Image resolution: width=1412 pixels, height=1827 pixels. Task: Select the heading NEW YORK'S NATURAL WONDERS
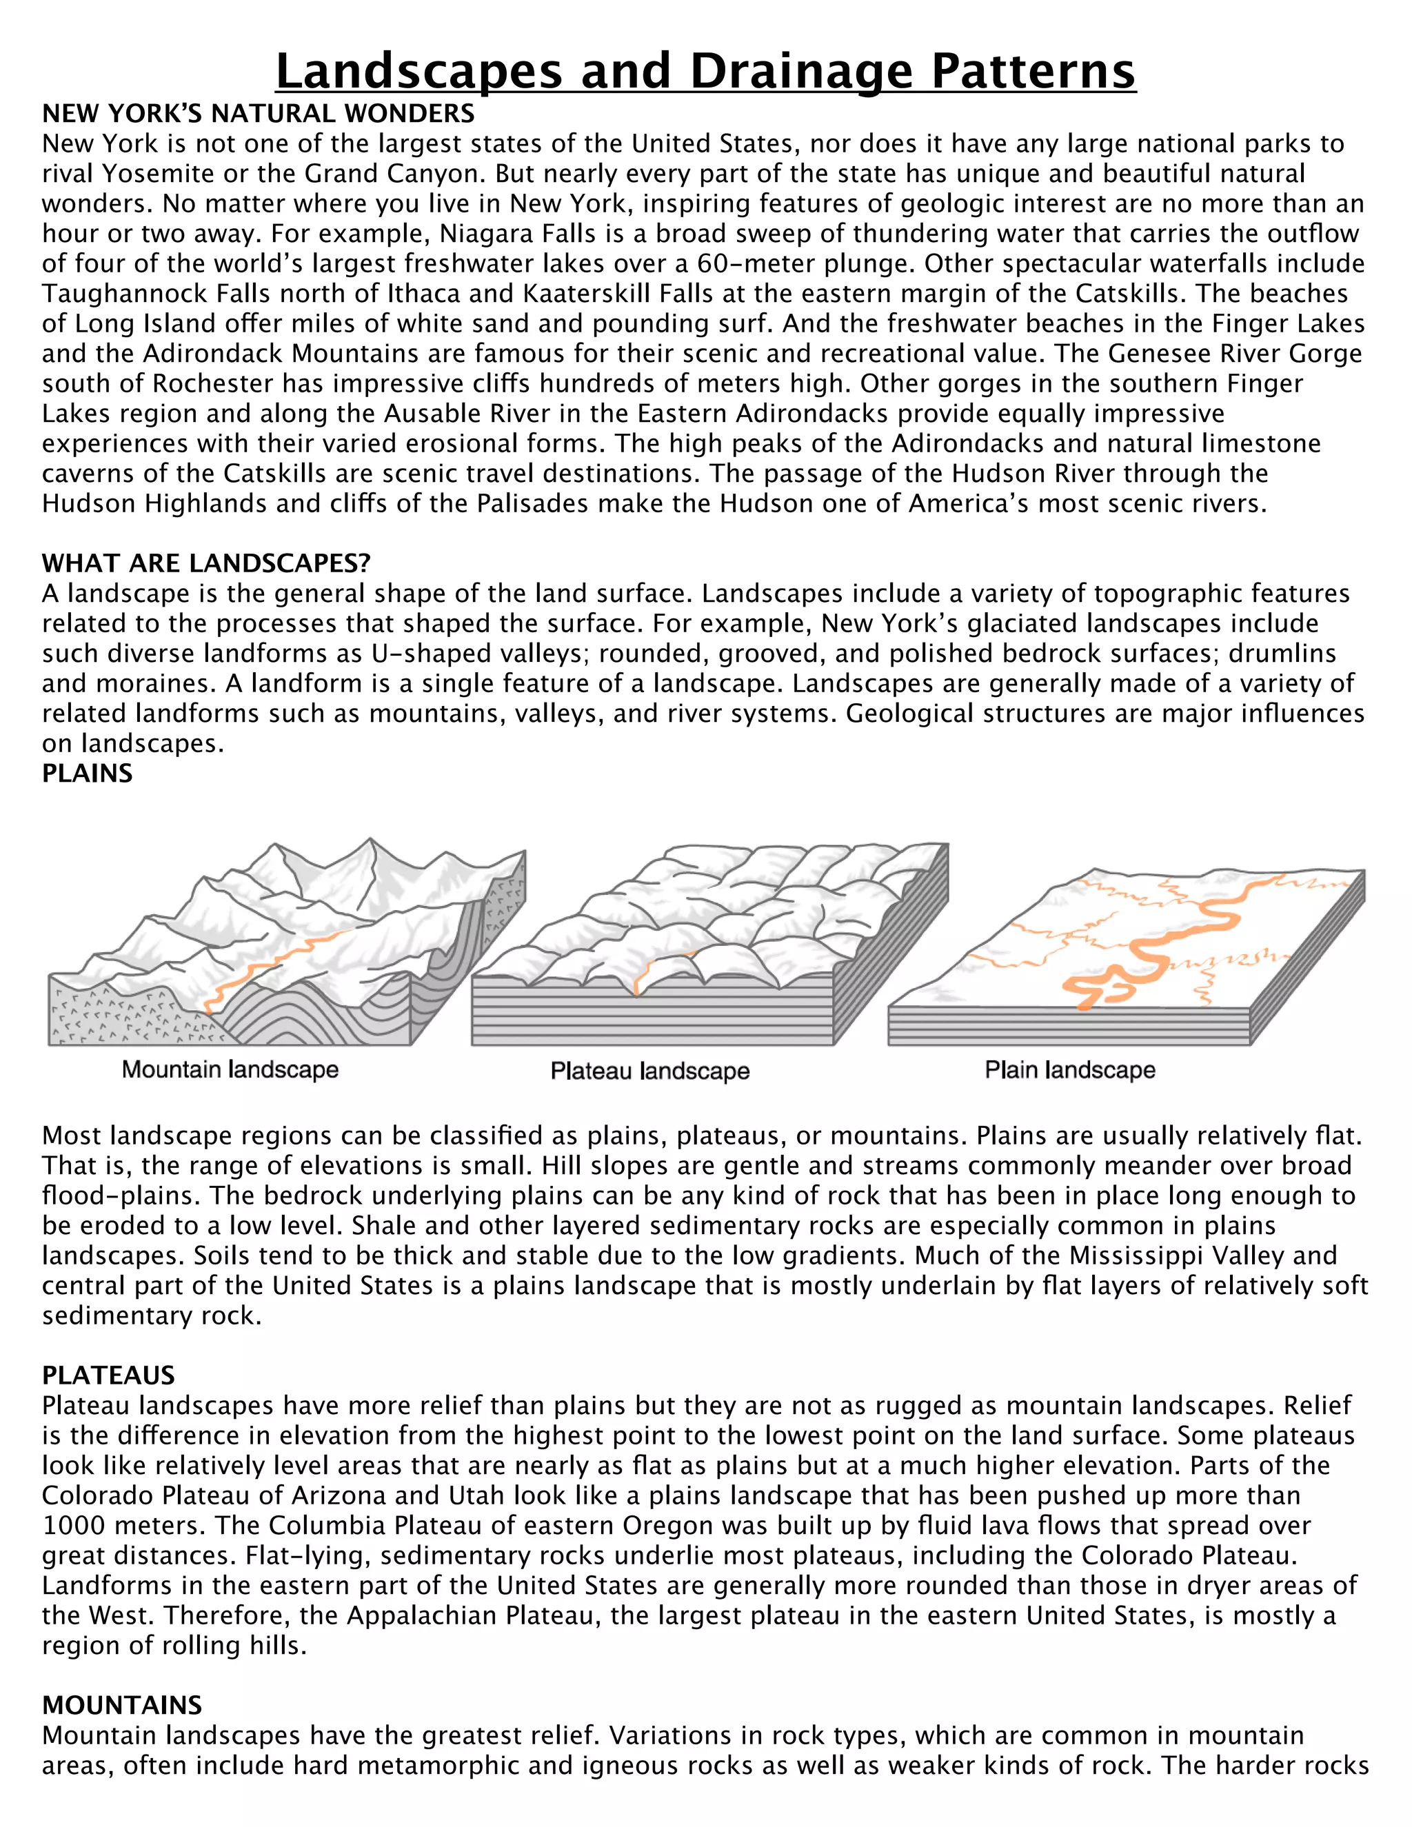coord(259,113)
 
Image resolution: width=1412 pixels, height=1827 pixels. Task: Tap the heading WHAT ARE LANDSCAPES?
coord(205,563)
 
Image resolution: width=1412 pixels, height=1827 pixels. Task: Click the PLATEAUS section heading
coord(109,1375)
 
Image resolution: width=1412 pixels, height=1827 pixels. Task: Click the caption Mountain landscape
coord(230,1069)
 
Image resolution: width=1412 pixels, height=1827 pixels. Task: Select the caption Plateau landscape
coord(650,1071)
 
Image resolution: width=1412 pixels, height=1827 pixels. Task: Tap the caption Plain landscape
coord(1070,1069)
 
